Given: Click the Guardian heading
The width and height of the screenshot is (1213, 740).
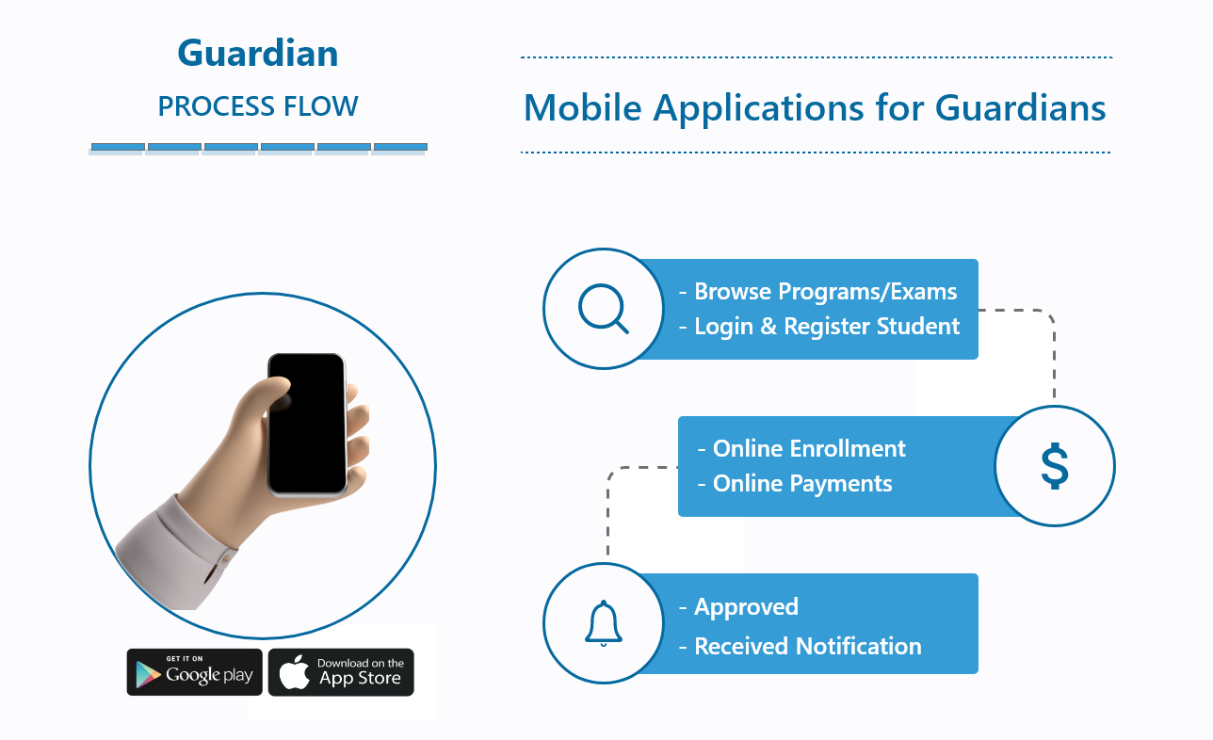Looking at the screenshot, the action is pyautogui.click(x=258, y=53).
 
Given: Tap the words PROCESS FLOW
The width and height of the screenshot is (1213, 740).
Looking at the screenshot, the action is pyautogui.click(x=258, y=106).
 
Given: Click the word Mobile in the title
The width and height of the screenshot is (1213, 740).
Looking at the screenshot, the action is pyautogui.click(x=582, y=107).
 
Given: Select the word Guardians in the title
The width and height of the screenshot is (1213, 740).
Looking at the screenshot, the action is pyautogui.click(x=1020, y=107).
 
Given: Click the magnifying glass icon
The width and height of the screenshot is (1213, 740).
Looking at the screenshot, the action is pyautogui.click(x=604, y=309).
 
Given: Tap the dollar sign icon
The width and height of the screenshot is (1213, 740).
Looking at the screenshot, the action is pyautogui.click(x=1055, y=466).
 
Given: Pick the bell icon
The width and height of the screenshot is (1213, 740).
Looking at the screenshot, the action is pyautogui.click(x=604, y=623).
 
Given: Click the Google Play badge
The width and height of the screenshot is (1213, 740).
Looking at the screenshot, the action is pyautogui.click(x=194, y=672).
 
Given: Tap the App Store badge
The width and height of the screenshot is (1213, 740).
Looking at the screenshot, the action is pyautogui.click(x=341, y=672).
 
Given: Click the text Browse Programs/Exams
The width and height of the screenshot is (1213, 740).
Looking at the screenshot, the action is pyautogui.click(x=825, y=291).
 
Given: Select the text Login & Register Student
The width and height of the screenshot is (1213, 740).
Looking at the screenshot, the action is pyautogui.click(x=827, y=326).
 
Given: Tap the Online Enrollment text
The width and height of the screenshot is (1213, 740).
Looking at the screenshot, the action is pyautogui.click(x=809, y=448).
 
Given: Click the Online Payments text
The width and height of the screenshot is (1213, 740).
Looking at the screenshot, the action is pyautogui.click(x=802, y=483).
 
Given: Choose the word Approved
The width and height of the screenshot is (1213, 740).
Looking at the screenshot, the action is pyautogui.click(x=746, y=607).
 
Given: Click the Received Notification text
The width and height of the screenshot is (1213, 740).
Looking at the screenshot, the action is pyautogui.click(x=807, y=646).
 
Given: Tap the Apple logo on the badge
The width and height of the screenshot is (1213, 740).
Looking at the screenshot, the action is pyautogui.click(x=294, y=672).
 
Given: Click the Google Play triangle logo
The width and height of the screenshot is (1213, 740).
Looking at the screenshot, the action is pyautogui.click(x=148, y=674).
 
